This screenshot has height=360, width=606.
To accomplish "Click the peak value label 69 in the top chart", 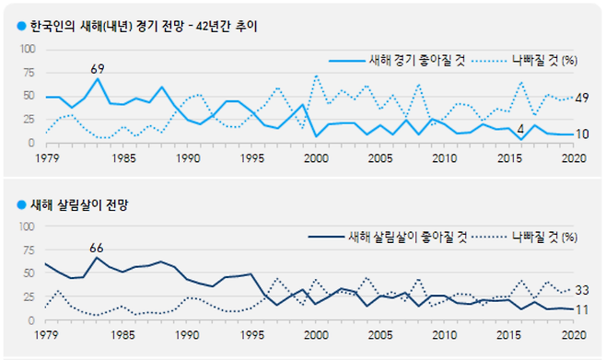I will tap(98, 68).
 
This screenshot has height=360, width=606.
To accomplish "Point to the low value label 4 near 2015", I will tap(520, 127).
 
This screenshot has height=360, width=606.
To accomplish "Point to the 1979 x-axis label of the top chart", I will tap(45, 157).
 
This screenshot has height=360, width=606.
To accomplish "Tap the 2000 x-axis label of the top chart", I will tap(315, 157).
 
